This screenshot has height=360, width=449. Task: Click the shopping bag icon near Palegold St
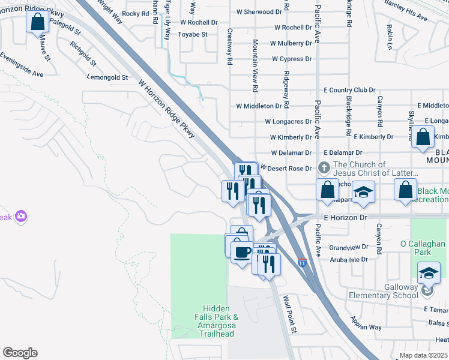point(37,22)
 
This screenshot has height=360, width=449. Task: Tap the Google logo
point(20,353)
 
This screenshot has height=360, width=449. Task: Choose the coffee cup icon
point(242,251)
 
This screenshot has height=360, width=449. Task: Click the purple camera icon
point(21,216)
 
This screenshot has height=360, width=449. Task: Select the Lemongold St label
point(108,77)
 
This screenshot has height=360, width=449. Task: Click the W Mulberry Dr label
point(291,43)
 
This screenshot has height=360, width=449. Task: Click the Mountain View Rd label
point(255,65)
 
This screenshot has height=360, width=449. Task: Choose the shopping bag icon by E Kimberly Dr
point(423,137)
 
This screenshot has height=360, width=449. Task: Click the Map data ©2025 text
point(423,355)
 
